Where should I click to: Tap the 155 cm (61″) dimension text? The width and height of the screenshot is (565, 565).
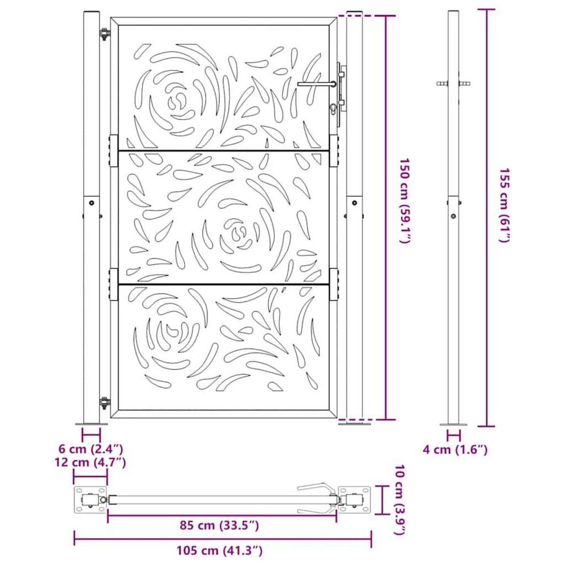tap(503, 205)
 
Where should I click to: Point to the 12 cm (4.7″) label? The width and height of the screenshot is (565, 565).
tap(90, 462)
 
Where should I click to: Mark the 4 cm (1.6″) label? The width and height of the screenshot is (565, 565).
tap(455, 450)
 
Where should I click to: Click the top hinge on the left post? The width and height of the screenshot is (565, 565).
tap(104, 34)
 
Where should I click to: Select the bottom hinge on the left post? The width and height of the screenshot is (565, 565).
tap(104, 403)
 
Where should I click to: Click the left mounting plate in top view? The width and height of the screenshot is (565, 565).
tap(90, 500)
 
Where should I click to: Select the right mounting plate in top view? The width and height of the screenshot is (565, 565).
tap(355, 500)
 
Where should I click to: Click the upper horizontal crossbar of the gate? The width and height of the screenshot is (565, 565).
tap(223, 151)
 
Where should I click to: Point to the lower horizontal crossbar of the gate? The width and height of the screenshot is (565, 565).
tap(223, 284)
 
